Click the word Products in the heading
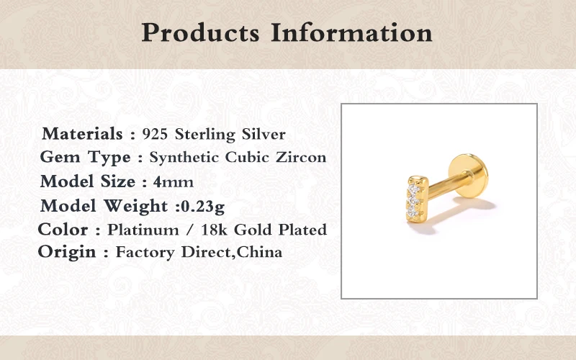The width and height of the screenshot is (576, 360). (x=201, y=33)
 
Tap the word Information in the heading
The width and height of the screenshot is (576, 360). (x=352, y=32)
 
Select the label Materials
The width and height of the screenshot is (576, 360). (x=82, y=133)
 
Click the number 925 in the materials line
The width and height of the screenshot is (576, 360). (x=155, y=134)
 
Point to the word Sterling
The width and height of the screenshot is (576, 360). (x=205, y=135)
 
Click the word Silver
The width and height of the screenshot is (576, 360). (x=264, y=134)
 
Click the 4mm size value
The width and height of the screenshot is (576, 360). (x=174, y=182)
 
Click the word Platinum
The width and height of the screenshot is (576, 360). (x=143, y=230)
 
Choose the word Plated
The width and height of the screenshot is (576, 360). (x=302, y=230)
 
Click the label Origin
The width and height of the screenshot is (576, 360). (x=67, y=253)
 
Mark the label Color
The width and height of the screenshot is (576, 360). (x=63, y=230)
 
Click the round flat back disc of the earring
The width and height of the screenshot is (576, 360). (x=469, y=175)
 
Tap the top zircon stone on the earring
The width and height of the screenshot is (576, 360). (x=414, y=189)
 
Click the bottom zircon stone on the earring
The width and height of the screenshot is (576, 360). (x=413, y=211)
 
